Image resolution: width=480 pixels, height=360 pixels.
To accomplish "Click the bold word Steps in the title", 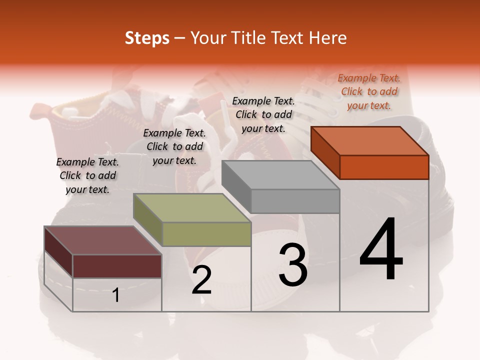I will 147,38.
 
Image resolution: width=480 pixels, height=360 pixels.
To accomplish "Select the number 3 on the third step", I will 292,264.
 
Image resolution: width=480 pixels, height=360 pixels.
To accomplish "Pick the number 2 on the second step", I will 201,280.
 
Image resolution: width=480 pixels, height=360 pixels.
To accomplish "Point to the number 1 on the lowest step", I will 116,295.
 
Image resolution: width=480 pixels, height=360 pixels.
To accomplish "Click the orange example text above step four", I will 369,91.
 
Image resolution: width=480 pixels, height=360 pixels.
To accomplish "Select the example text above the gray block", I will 263,114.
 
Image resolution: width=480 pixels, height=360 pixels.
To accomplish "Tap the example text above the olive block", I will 174,146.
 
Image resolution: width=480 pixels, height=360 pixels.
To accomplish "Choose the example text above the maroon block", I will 87,175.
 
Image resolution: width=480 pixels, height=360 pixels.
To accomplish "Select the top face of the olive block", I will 192,208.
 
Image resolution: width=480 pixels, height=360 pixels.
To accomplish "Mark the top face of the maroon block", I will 103,240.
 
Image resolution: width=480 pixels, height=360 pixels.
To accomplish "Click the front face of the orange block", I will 384,167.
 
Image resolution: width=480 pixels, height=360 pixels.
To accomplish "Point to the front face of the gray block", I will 295,201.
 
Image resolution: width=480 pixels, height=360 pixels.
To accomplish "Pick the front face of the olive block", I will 206,234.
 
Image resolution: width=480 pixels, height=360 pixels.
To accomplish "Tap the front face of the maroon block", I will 117,266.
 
